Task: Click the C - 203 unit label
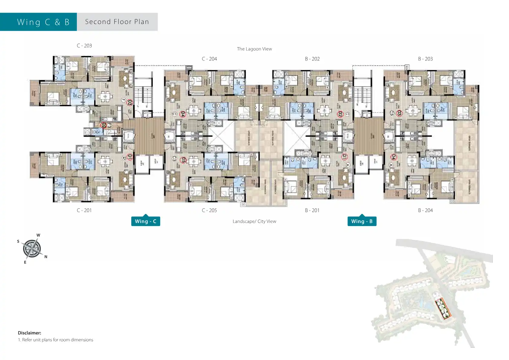(84, 46)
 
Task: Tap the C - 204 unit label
(209, 59)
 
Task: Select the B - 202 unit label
(312, 59)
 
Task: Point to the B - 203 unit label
(425, 59)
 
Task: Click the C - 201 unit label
(84, 210)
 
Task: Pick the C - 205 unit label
(209, 210)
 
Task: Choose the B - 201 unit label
(312, 210)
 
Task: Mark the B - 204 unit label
(425, 210)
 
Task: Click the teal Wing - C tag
(145, 221)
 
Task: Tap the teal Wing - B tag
(362, 221)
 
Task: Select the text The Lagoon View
(254, 49)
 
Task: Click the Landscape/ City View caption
(254, 221)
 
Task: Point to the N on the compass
(46, 257)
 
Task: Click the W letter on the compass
(38, 235)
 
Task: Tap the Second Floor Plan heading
(117, 22)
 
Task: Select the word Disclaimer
(29, 333)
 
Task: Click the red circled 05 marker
(183, 160)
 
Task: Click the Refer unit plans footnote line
(56, 340)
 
